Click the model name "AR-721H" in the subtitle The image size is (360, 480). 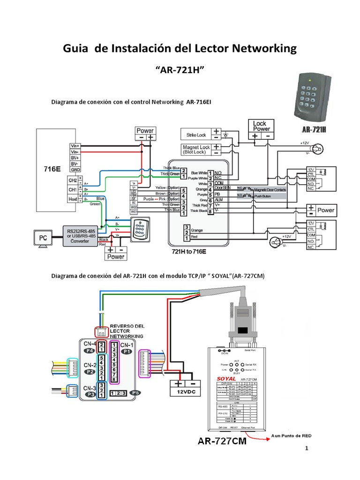coord(180,70)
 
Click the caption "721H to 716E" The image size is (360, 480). coord(189,252)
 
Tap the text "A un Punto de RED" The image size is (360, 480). coord(291,435)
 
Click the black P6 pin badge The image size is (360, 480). coord(135,393)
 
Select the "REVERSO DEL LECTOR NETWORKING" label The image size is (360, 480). coord(127,331)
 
